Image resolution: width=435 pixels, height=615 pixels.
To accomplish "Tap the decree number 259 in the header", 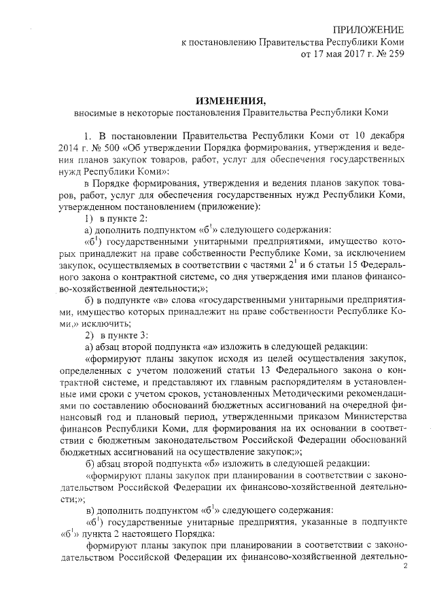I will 396,55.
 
